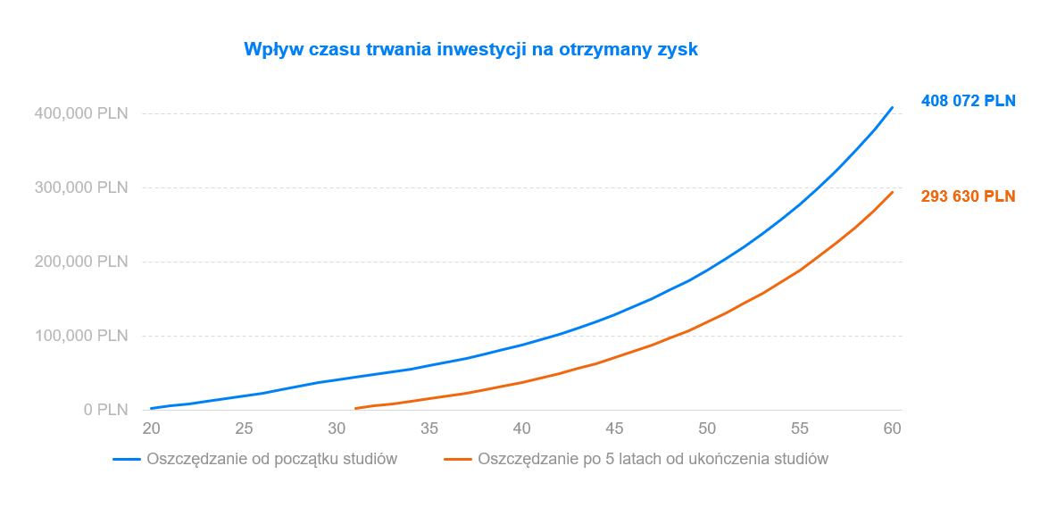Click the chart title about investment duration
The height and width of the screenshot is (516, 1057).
point(470,50)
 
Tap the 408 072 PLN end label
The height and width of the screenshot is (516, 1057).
point(968,101)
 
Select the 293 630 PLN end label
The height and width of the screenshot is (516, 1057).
point(968,196)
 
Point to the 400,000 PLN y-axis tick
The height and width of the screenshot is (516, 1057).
point(81,113)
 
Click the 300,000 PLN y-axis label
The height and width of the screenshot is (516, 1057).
point(81,187)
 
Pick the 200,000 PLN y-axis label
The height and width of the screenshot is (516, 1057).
point(81,262)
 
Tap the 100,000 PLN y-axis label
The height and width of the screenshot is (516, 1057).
point(81,336)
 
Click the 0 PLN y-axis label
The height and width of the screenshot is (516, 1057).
point(106,410)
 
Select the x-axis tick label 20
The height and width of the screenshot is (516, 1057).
point(151,429)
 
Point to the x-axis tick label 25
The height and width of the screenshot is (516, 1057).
point(244,429)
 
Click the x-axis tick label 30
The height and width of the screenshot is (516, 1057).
point(337,429)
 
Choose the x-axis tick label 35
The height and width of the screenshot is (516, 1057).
point(429,429)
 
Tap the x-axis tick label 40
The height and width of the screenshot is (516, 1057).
point(522,429)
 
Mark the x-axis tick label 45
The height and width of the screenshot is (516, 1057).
point(615,429)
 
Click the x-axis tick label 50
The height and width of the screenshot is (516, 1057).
point(707,429)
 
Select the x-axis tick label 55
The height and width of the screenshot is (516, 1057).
point(800,429)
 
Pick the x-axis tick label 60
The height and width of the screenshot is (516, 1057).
point(893,429)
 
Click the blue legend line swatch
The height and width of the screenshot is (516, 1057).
point(127,460)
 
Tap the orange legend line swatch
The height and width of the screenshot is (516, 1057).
point(458,460)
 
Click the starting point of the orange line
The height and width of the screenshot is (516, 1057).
point(355,408)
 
